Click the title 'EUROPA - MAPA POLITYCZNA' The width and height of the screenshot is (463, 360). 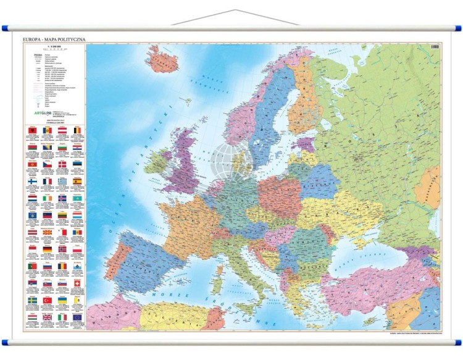[54, 40]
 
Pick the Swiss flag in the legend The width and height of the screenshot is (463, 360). [77, 283]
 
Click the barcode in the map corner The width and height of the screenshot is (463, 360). [435, 46]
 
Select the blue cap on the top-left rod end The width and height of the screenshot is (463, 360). [6, 28]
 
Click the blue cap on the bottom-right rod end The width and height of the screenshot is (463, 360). [457, 341]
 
